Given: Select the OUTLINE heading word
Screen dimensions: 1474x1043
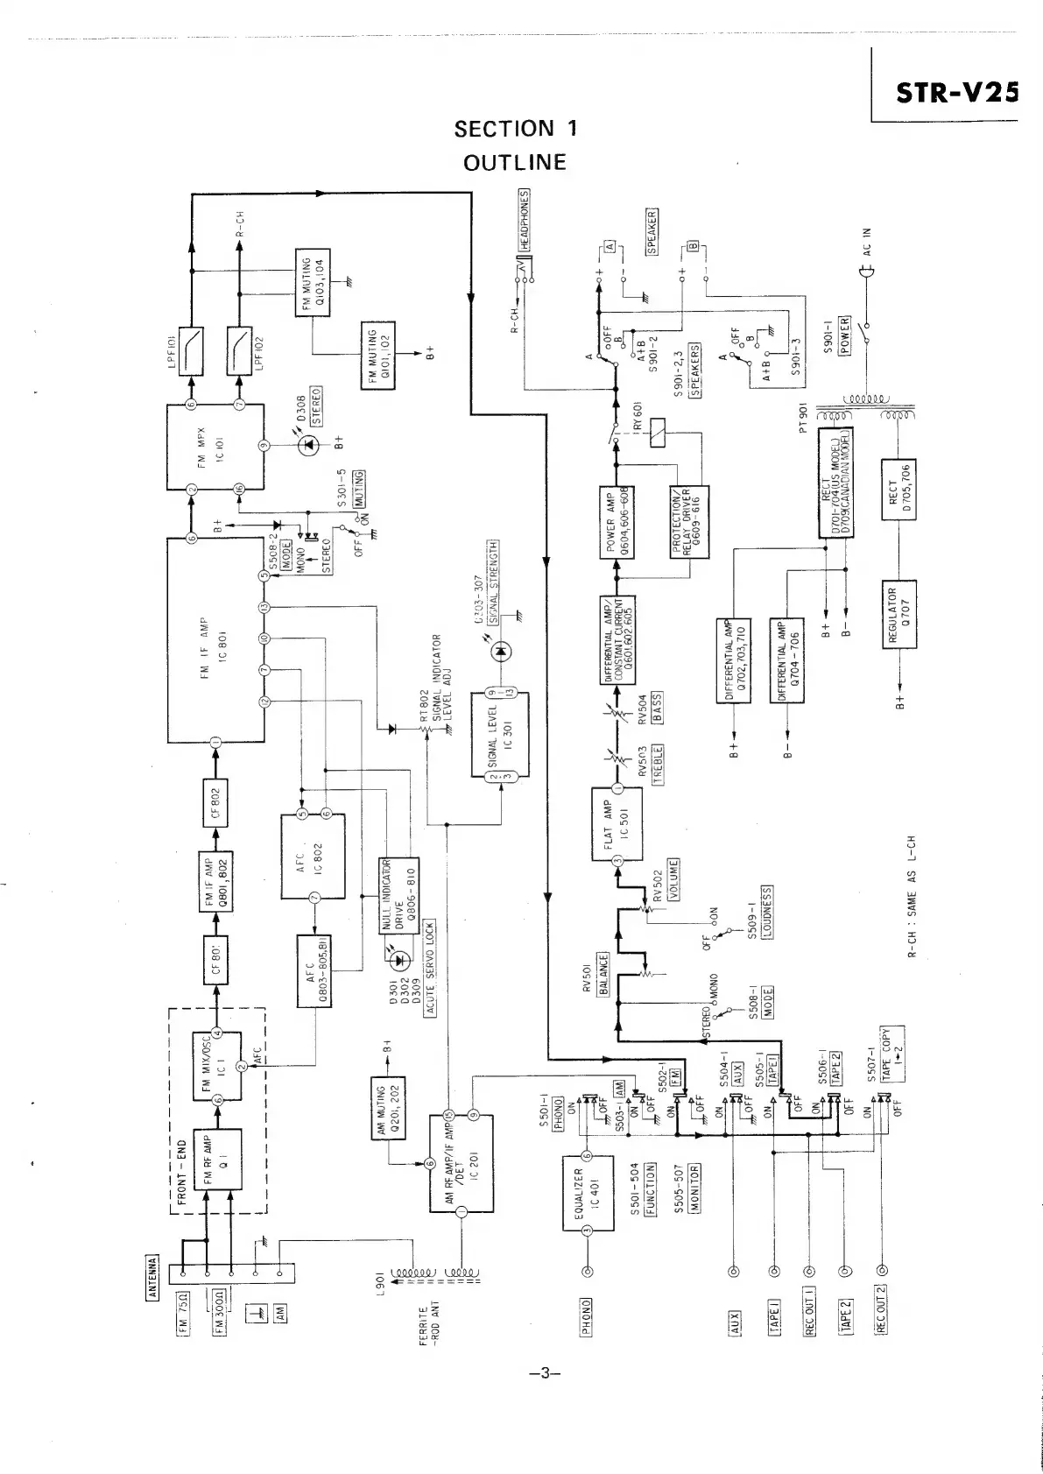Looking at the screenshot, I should pyautogui.click(x=515, y=163).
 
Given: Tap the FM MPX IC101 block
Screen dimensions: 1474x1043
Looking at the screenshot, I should pyautogui.click(x=215, y=447).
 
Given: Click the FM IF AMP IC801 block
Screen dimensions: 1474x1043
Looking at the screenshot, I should pyautogui.click(x=215, y=641).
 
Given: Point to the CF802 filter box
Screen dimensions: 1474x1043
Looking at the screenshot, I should pyautogui.click(x=215, y=802).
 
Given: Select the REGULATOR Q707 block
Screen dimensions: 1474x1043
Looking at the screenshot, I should pyautogui.click(x=899, y=614).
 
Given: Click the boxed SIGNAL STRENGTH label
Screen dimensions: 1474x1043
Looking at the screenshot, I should pyautogui.click(x=492, y=578).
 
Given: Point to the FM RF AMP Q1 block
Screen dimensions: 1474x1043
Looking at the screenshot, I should pyautogui.click(x=216, y=1160).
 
